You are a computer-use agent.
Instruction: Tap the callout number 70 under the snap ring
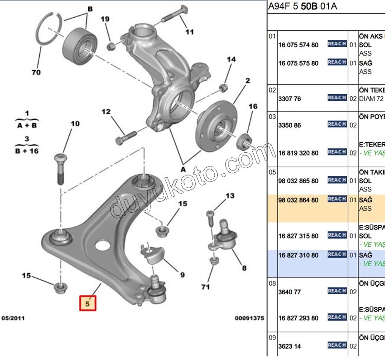click(x=36, y=72)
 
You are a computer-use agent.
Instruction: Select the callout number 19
click(x=105, y=19)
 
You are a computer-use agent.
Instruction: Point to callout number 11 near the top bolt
click(x=189, y=32)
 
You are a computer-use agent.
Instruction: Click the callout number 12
click(x=106, y=112)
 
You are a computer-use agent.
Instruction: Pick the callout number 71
click(x=206, y=287)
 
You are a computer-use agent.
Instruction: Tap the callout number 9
click(x=182, y=274)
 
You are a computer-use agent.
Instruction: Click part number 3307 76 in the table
click(x=290, y=98)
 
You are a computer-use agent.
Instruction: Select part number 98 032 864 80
click(x=298, y=200)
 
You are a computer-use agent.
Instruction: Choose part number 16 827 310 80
click(x=298, y=255)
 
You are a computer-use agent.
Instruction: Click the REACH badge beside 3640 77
click(x=337, y=291)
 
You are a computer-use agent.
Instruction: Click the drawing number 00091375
click(x=249, y=318)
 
